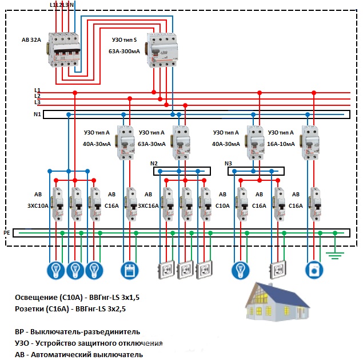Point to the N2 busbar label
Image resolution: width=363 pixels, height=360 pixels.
click(154, 163)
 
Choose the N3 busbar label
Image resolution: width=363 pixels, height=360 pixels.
click(229, 163)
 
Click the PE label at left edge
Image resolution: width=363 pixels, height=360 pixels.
click(7, 233)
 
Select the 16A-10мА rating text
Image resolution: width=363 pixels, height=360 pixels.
click(280, 144)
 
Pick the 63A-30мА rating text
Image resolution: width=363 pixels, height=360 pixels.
click(151, 144)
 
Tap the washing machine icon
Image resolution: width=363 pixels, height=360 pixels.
click(313, 268)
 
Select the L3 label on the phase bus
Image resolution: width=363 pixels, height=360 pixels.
click(37, 102)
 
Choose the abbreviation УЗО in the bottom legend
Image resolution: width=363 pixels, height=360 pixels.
click(24, 343)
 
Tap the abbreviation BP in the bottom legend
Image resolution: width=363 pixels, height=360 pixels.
click(21, 331)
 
